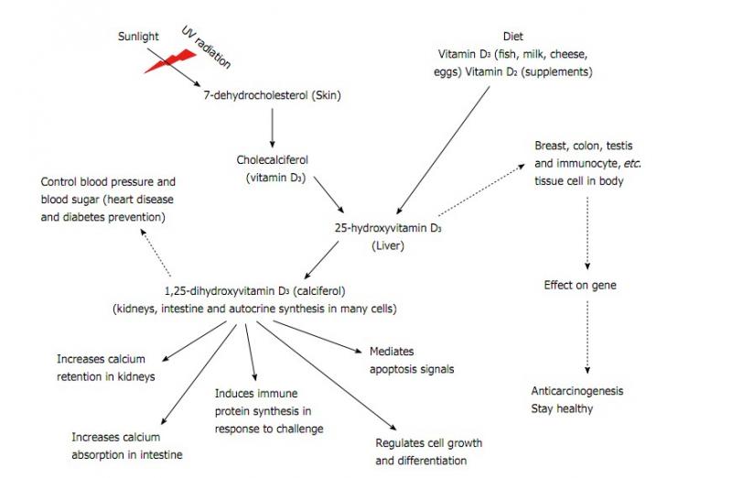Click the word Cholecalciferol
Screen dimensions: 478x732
tap(271, 159)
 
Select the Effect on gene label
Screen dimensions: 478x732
tap(580, 286)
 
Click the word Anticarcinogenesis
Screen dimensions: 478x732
tap(577, 391)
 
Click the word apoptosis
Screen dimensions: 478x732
tap(397, 370)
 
